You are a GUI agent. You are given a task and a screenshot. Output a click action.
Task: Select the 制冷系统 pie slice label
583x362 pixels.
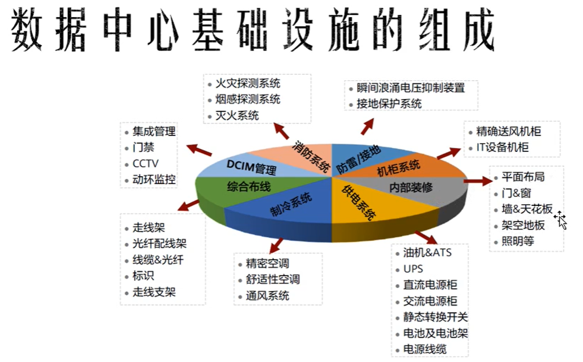291,204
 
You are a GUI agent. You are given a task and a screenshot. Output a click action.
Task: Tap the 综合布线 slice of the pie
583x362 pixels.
249,186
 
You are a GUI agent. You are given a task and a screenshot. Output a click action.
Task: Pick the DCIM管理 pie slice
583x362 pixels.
251,167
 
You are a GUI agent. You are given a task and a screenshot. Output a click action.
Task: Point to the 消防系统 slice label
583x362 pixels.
311,156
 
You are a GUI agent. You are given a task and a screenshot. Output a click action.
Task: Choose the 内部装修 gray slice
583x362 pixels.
411,188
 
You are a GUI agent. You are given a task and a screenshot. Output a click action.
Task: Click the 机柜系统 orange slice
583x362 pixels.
398,168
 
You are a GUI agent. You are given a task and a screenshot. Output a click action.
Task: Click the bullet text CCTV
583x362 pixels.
146,163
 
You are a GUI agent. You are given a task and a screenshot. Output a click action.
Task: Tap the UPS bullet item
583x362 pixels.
413,269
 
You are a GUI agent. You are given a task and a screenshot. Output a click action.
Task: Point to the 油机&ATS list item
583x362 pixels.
427,253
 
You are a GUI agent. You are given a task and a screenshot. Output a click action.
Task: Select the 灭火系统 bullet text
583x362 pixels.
237,116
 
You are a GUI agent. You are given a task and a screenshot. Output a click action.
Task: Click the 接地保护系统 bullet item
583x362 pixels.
389,104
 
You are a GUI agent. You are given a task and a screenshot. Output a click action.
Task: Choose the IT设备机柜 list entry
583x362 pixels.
502,147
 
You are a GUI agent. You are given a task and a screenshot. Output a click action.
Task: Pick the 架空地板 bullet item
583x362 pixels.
523,225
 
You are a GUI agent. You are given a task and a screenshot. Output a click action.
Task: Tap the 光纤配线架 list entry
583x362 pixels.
159,243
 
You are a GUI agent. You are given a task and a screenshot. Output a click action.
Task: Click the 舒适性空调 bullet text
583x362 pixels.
273,279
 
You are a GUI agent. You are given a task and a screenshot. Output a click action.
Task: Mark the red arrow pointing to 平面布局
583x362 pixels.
478,181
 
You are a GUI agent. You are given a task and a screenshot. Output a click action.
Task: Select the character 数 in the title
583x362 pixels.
27,29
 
